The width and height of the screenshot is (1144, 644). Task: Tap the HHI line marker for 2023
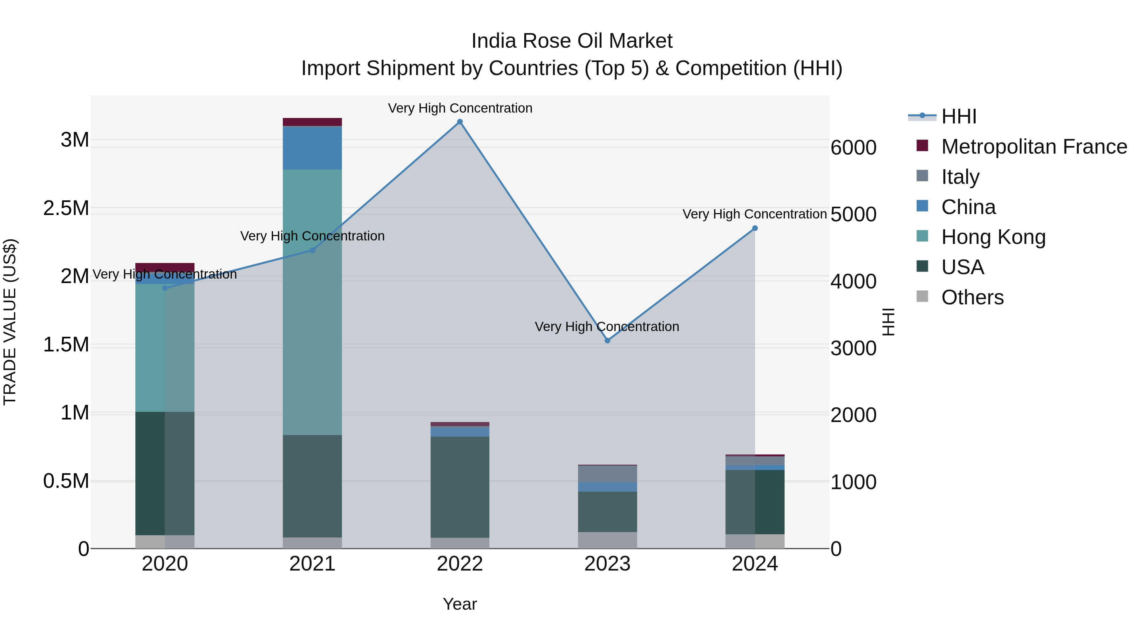point(608,340)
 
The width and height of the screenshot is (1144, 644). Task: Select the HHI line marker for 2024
point(755,228)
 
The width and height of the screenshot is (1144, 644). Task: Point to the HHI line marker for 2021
point(312,250)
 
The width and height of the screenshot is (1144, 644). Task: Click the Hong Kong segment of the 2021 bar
point(312,302)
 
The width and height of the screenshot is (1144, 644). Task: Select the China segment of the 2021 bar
point(312,148)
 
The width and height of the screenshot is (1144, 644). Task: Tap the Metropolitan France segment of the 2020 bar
point(165,267)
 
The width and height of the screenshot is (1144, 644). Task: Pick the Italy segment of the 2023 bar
point(608,474)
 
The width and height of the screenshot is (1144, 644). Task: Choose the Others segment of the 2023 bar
point(608,540)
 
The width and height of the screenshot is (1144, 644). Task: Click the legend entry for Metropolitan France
point(1034,147)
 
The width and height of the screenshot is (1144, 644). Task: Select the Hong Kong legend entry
point(993,237)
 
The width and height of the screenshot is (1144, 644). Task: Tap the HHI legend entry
point(958,116)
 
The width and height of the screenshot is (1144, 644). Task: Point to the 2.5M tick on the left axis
point(66,208)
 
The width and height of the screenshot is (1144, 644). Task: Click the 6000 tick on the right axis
point(853,148)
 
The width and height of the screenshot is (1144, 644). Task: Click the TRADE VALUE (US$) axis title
point(10,322)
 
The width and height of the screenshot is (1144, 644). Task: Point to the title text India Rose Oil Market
point(572,41)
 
